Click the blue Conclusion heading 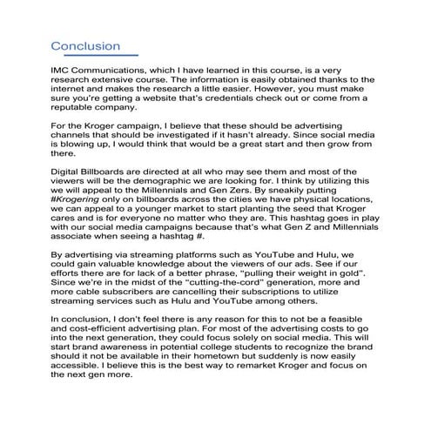85,44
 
